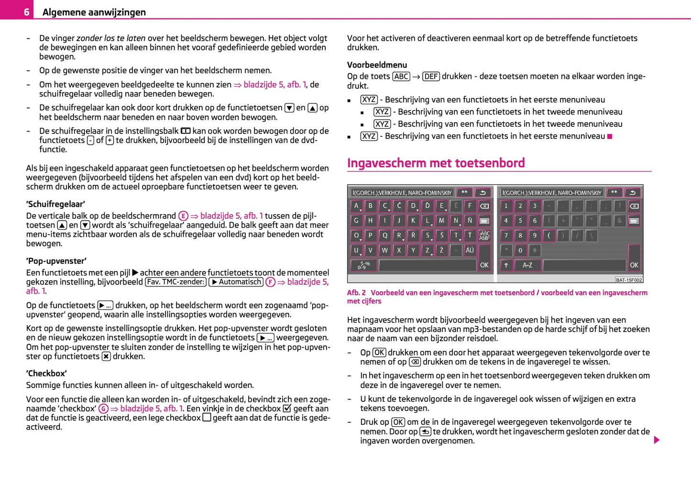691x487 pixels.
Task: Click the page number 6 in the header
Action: point(27,12)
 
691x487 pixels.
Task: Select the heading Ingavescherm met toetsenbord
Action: point(436,163)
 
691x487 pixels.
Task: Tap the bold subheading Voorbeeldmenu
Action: point(377,65)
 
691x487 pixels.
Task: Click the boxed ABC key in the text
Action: point(401,77)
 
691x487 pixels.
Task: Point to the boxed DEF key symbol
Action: point(431,77)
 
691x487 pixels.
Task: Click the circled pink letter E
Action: point(183,216)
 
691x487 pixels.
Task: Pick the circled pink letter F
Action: point(271,282)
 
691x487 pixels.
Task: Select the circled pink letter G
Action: point(103,409)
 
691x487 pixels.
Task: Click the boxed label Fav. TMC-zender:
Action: point(175,282)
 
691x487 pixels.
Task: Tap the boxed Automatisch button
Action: point(236,282)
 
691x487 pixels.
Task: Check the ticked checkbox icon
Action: point(287,409)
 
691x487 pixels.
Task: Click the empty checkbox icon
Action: point(207,418)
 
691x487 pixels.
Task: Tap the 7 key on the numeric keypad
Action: point(506,235)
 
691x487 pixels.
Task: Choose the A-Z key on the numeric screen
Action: point(527,265)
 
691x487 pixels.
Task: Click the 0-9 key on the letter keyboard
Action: point(363,265)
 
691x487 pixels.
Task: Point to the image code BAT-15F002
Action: point(629,280)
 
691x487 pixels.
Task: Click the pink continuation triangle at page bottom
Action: point(657,440)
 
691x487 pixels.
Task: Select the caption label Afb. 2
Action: point(356,293)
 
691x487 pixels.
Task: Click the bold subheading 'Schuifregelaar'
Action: point(55,204)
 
